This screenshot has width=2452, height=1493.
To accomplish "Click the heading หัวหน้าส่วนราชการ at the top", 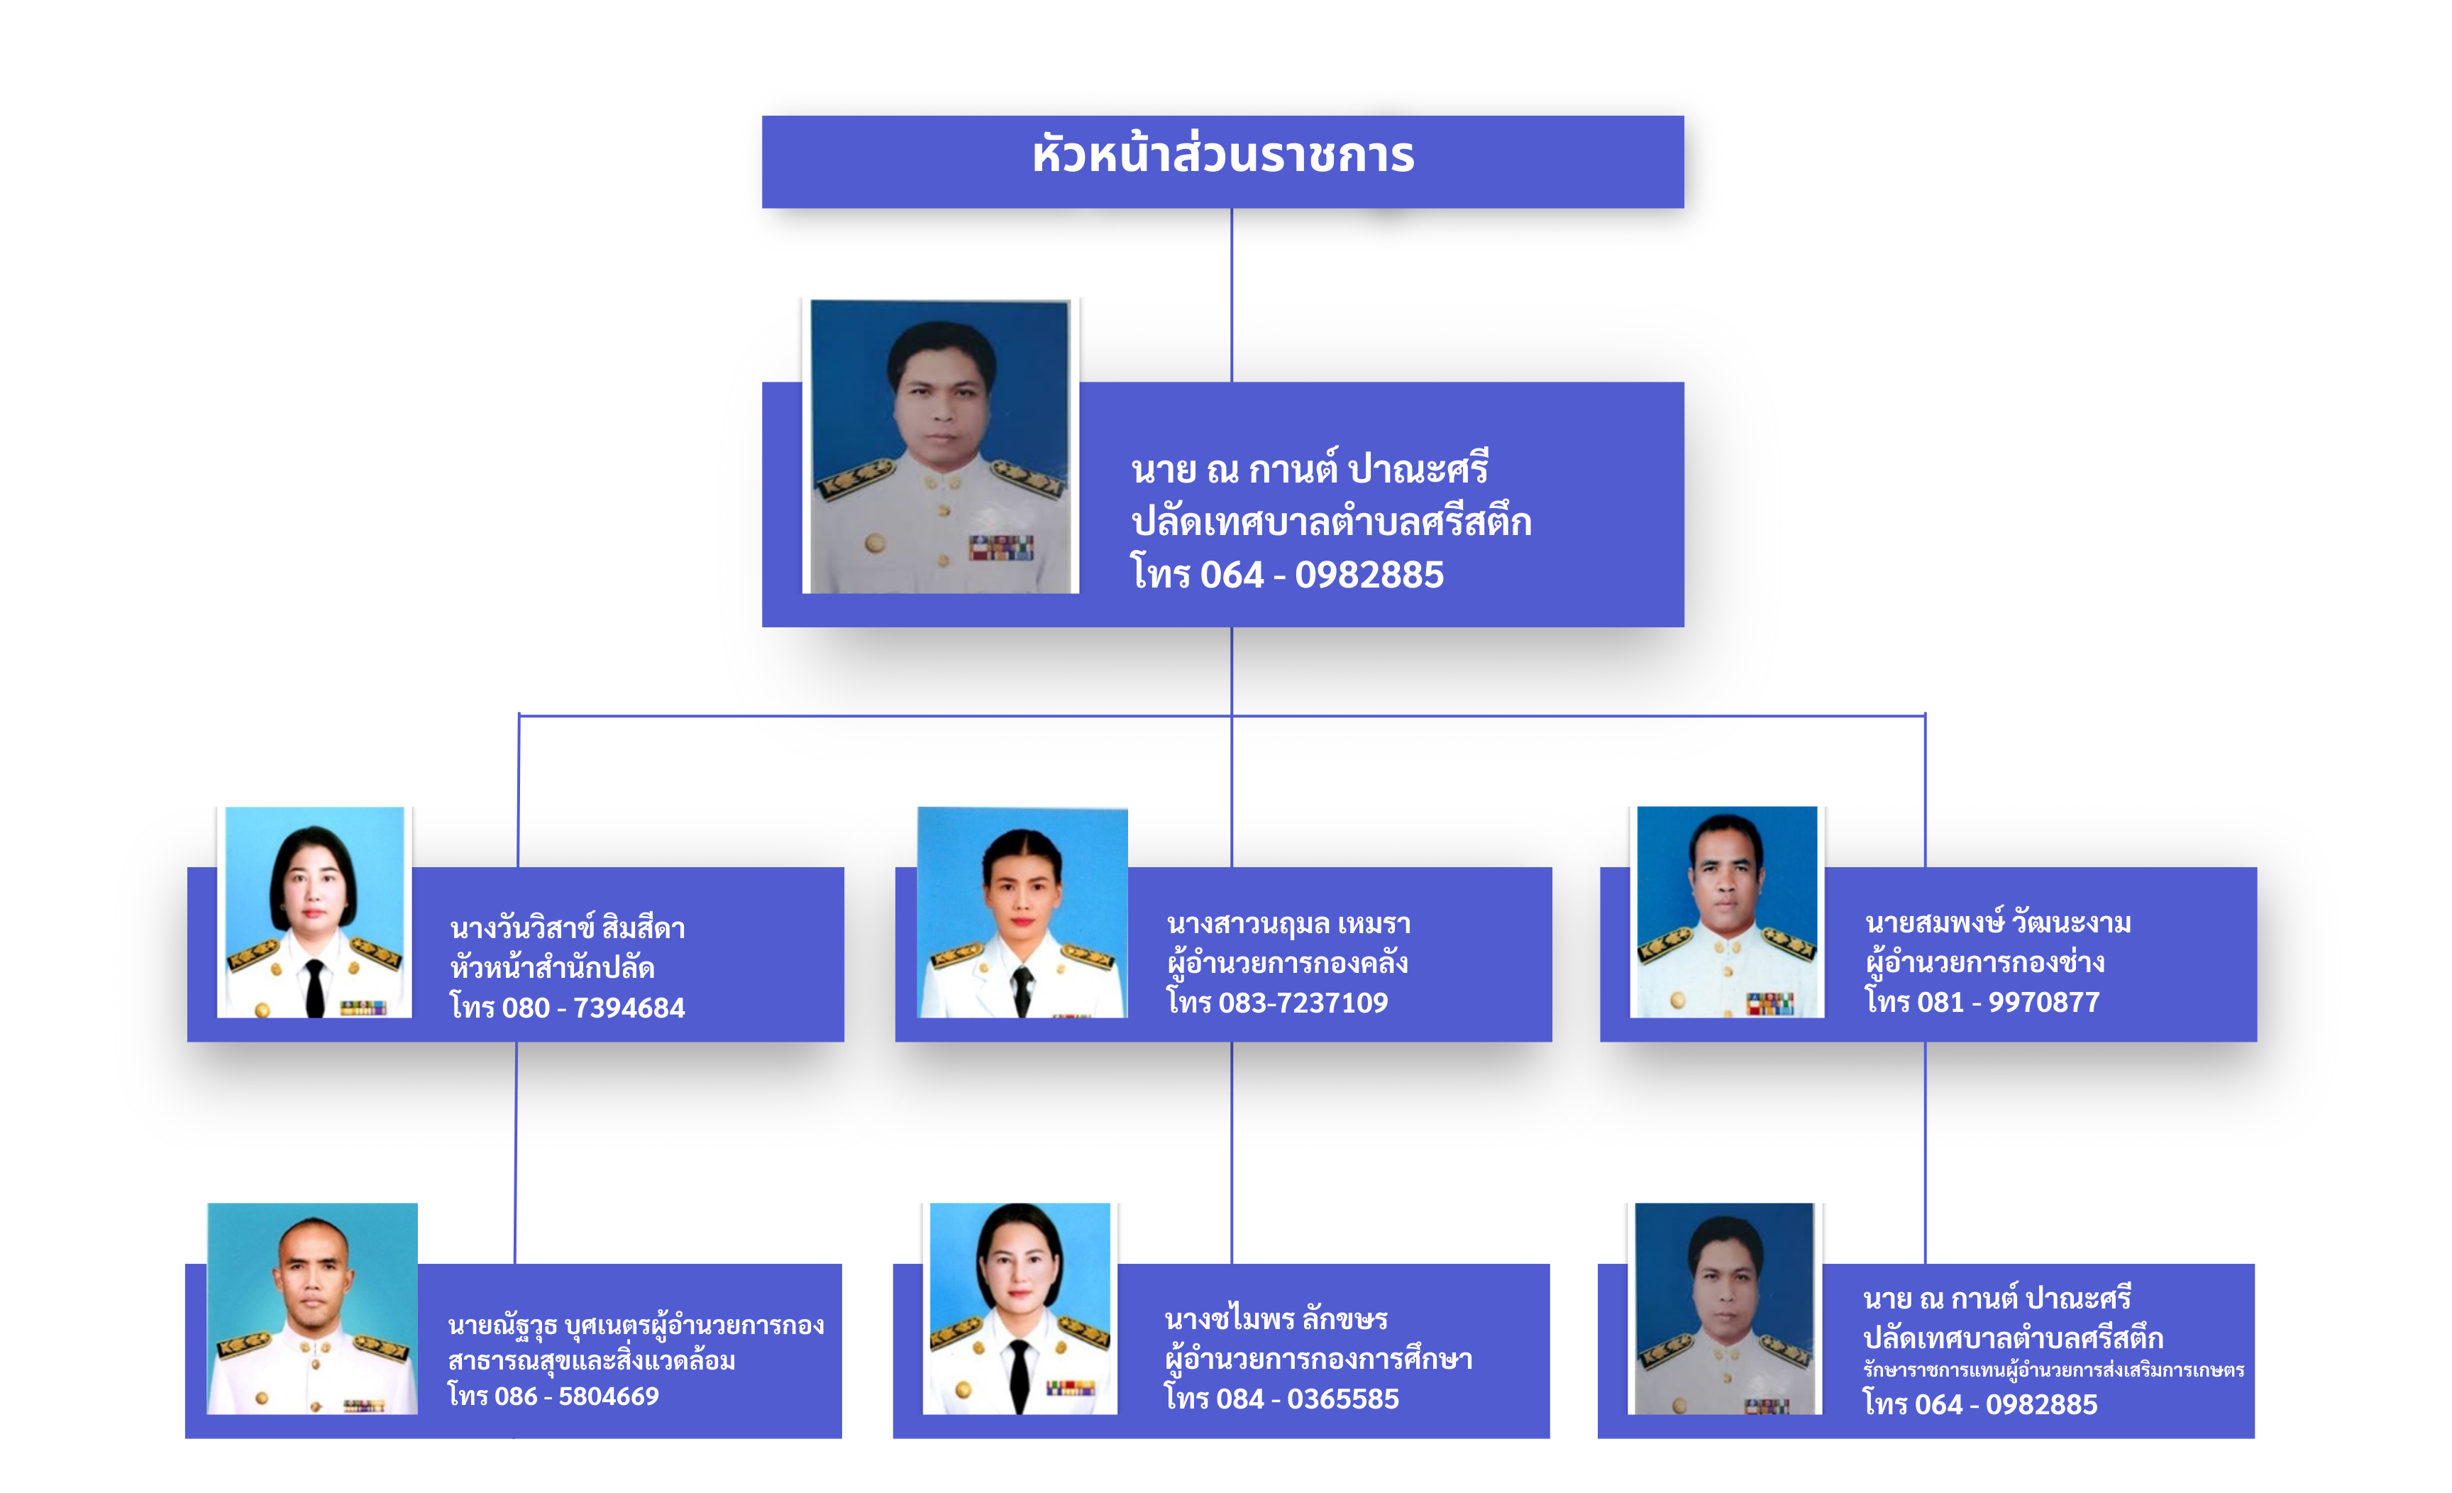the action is coord(1223,156).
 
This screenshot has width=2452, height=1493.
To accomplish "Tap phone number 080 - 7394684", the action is coord(593,1008).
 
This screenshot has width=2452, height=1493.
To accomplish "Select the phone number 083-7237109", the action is coord(1303,1003).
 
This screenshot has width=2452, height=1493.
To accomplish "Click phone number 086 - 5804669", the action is coord(578,1396).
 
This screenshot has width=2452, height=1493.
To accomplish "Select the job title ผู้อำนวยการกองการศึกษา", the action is coord(1318,1359).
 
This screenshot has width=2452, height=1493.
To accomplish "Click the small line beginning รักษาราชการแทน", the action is coord(2053,1370).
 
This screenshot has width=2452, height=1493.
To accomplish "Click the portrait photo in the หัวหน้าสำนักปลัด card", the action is coord(314,912).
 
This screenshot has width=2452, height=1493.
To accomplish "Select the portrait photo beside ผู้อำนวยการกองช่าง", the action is coord(1728,912).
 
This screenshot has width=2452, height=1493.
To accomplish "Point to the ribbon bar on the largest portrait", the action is coord(1001,547).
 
